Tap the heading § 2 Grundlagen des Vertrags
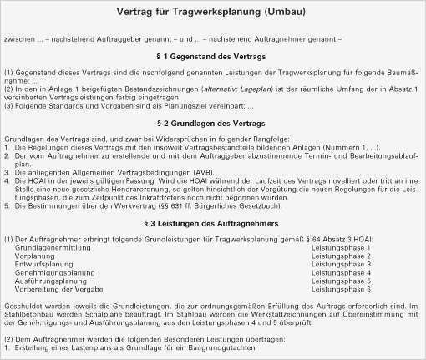pyautogui.click(x=212, y=124)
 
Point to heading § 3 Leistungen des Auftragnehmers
pyautogui.click(x=212, y=224)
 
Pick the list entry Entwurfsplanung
pyautogui.click(x=43, y=265)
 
